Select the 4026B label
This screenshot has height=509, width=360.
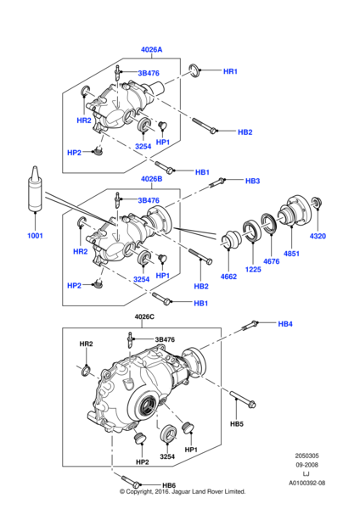152,179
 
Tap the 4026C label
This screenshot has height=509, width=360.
145,316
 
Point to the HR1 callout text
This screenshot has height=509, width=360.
230,72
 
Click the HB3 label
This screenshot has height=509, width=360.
252,181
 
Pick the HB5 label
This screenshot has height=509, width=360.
236,423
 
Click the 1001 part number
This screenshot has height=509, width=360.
35,235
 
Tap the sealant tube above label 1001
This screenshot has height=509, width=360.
35,191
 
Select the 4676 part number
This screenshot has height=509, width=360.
270,262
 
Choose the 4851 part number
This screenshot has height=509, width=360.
291,254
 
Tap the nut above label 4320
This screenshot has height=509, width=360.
317,204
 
